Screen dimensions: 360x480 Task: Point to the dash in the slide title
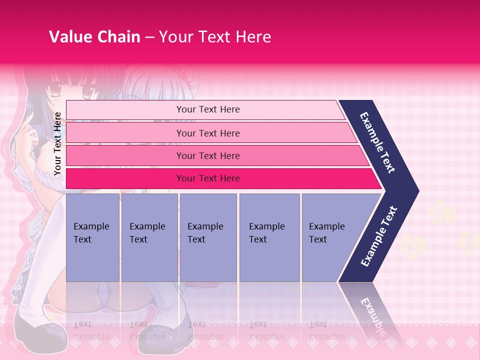click(x=149, y=37)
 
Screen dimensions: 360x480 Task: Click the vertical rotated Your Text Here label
click(x=57, y=143)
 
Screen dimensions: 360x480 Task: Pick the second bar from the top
click(x=207, y=133)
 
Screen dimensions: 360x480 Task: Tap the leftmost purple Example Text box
click(x=92, y=237)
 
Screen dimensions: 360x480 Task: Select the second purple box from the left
click(x=149, y=237)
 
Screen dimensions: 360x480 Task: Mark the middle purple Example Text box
click(x=208, y=237)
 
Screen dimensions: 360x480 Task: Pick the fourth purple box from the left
click(x=269, y=237)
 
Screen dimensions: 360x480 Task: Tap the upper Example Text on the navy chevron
click(x=378, y=142)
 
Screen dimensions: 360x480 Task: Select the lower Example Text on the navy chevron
click(x=379, y=236)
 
